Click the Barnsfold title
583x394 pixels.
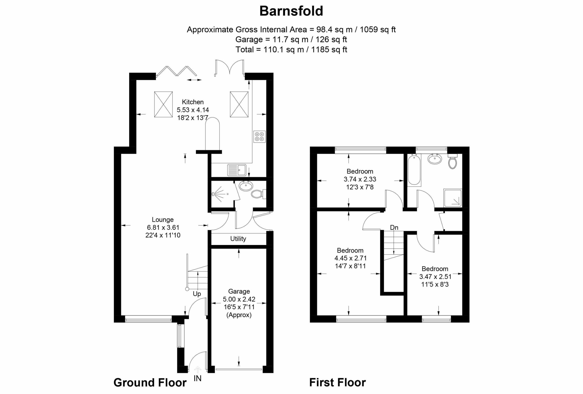tap(291, 11)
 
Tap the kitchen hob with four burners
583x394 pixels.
tap(259, 136)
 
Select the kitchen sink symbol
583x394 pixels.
tap(237, 170)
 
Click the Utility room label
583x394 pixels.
tap(238, 239)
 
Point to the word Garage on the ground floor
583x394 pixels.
tap(239, 291)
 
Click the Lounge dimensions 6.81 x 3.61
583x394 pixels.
tap(163, 227)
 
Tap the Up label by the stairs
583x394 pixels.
tap(197, 294)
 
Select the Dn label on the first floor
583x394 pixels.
tap(394, 227)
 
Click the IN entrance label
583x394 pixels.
tap(197, 378)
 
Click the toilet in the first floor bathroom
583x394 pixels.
tap(452, 161)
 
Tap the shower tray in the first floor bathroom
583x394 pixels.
tap(453, 198)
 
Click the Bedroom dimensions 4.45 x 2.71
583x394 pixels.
tap(350, 258)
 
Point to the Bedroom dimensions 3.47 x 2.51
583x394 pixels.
tap(435, 276)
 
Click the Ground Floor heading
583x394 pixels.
tap(150, 383)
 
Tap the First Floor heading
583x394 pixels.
tap(337, 382)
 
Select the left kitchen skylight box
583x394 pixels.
tap(163, 104)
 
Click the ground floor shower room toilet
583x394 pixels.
tap(258, 194)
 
